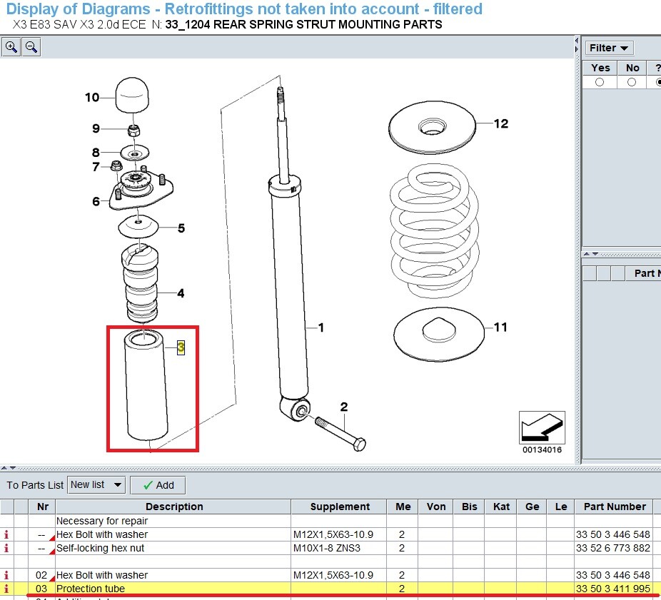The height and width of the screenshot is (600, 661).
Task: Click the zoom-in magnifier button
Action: click(x=11, y=48)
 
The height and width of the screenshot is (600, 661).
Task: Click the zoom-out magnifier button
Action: click(x=31, y=48)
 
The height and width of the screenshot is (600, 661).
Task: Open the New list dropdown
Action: click(x=96, y=485)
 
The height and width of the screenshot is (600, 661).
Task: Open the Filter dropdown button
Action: click(x=609, y=48)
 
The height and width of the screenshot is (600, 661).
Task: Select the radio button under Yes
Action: click(x=600, y=83)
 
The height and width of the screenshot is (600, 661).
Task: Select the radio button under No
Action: click(x=632, y=83)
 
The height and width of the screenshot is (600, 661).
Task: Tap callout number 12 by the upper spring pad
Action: click(x=501, y=123)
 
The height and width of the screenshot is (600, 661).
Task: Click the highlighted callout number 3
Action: click(x=181, y=347)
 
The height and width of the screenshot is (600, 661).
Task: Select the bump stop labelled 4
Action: click(x=141, y=285)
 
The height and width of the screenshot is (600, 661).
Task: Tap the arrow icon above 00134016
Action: click(x=542, y=427)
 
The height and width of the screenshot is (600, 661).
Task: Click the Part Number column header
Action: click(x=614, y=507)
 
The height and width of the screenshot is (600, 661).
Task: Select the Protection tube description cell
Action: click(x=171, y=589)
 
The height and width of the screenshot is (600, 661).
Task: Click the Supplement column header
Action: click(x=339, y=507)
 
